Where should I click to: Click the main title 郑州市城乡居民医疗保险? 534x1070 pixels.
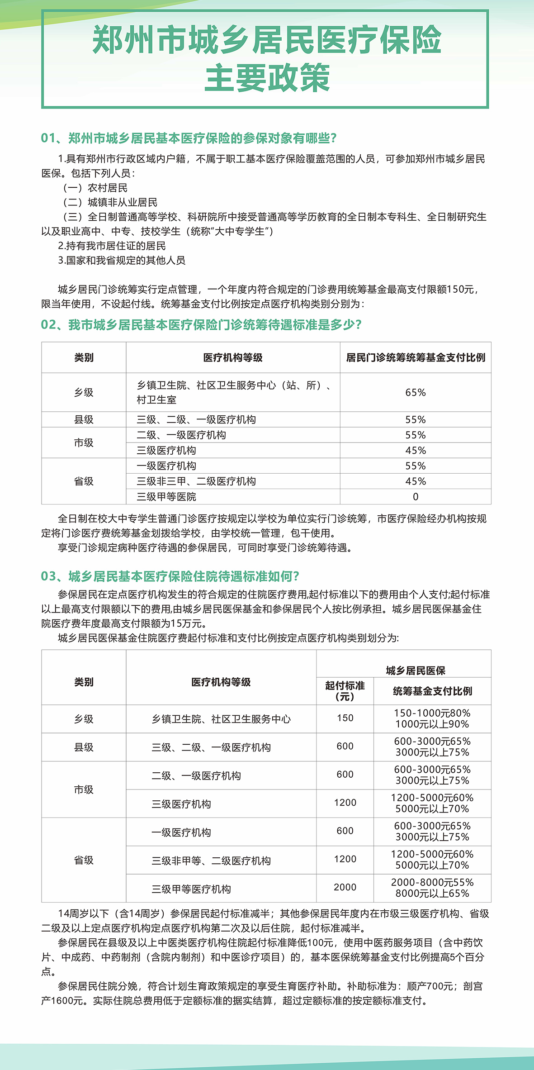(x=267, y=40)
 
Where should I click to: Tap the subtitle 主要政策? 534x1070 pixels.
(x=267, y=78)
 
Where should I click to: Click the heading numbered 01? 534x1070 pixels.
(x=189, y=138)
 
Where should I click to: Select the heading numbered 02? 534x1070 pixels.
(x=201, y=325)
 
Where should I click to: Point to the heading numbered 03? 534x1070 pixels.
(x=170, y=576)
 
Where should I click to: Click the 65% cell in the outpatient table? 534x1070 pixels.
(x=415, y=392)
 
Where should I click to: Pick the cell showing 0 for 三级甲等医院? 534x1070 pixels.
(x=415, y=497)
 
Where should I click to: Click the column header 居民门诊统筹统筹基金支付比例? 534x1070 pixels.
(x=415, y=357)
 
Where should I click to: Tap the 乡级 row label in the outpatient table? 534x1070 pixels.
(x=84, y=392)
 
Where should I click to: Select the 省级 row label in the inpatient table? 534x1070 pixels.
(x=84, y=860)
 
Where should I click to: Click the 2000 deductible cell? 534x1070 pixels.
(x=345, y=887)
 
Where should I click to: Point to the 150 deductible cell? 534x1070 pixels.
(x=345, y=718)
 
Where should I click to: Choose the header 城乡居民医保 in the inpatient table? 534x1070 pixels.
(x=415, y=670)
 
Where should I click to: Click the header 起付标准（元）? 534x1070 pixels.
(x=345, y=691)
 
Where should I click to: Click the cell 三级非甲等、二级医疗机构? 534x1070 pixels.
(x=211, y=861)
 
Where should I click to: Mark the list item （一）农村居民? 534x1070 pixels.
(x=95, y=188)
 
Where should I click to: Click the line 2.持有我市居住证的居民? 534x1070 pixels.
(x=112, y=246)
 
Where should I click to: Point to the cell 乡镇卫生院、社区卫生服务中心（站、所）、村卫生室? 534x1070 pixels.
(x=233, y=392)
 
